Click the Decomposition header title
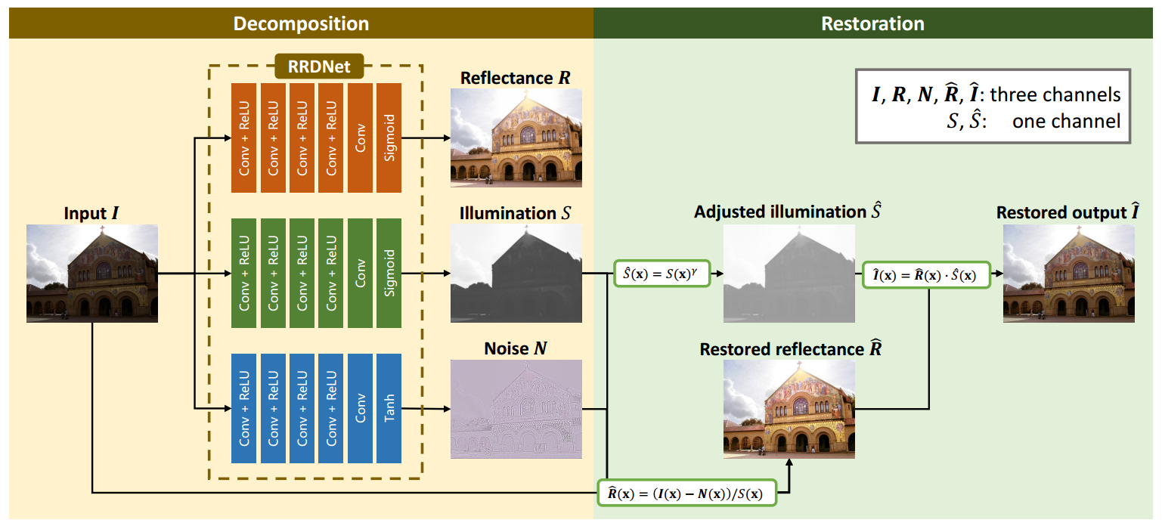point(301,23)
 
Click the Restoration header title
point(872,23)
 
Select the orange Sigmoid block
point(389,138)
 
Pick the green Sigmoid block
point(389,273)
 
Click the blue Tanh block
point(389,408)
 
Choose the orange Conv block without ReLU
point(360,138)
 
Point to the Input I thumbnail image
point(92,274)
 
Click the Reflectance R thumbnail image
point(516,138)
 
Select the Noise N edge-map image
point(516,409)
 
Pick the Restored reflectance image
point(789,409)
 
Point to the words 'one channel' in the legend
point(1066,120)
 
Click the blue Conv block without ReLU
point(360,408)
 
